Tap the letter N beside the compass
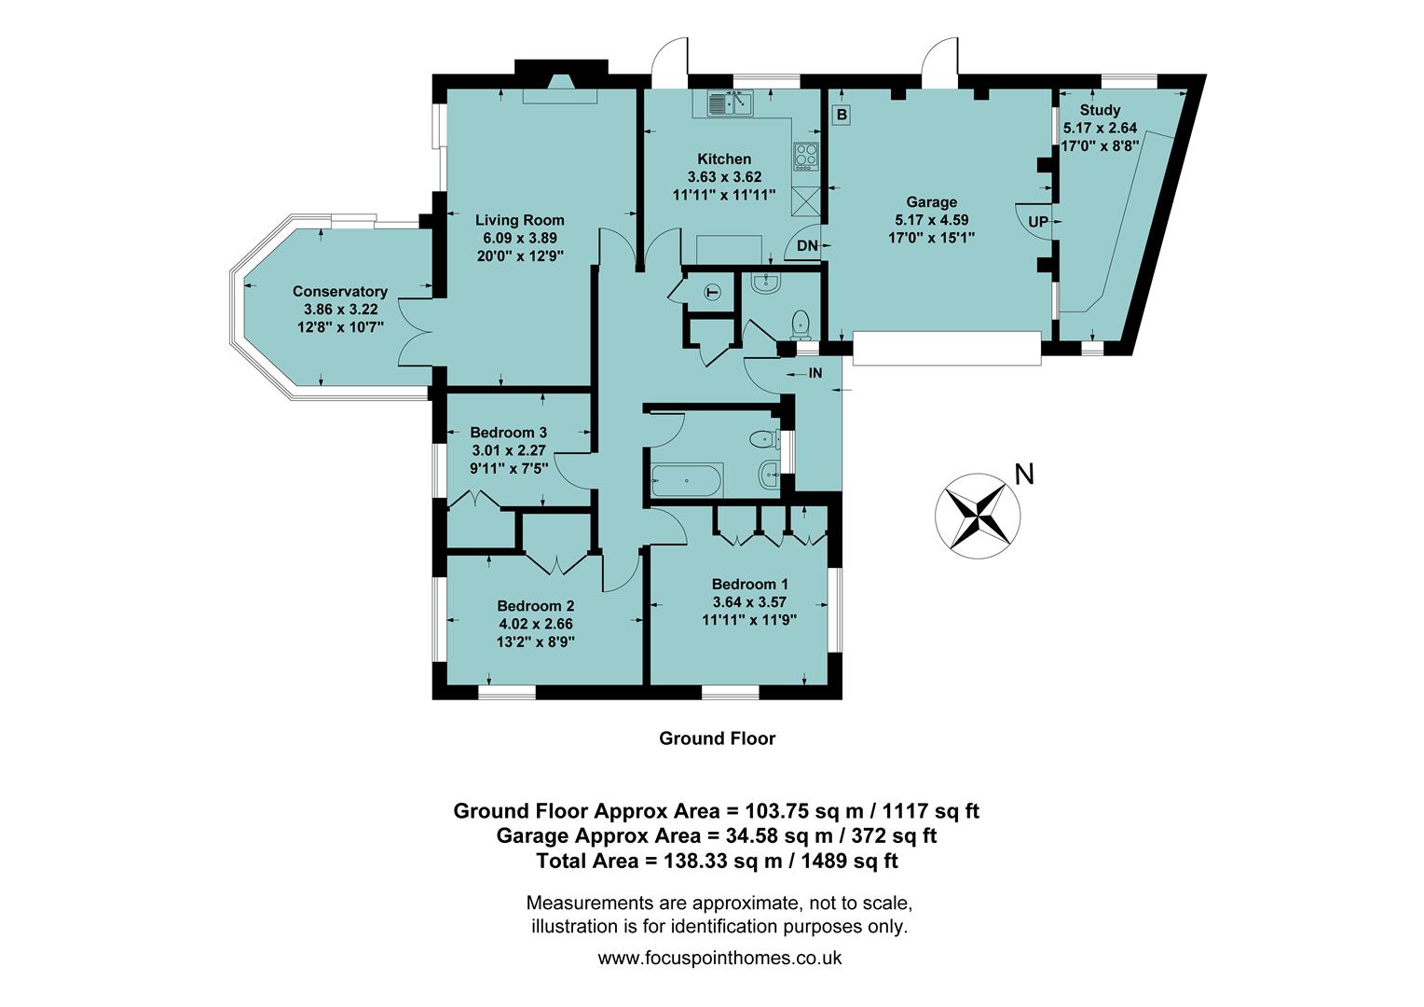tap(1024, 475)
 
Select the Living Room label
tap(519, 220)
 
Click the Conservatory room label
tap(339, 292)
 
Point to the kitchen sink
tap(730, 103)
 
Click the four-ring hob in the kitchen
tap(805, 157)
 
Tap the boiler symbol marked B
tap(842, 115)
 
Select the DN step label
tap(807, 246)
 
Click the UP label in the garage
tap(1037, 222)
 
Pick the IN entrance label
tap(815, 373)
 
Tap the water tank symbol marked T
tap(714, 293)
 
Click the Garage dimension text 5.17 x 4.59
tap(931, 220)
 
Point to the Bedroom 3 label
tap(508, 433)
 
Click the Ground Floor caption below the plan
tap(717, 738)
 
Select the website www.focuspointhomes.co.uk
tap(719, 958)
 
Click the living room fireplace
tap(561, 90)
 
